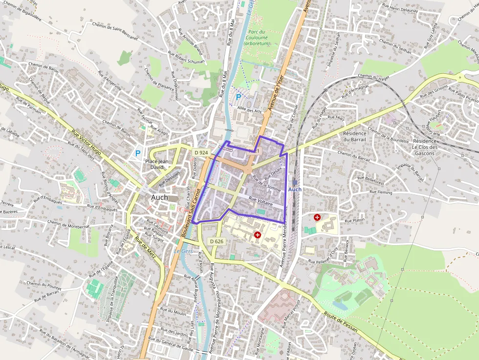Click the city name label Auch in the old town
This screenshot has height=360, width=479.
pos(159,197)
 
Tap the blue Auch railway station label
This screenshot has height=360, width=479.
pos(295,189)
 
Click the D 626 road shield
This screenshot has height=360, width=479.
pos(216,241)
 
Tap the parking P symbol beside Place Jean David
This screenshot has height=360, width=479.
pos(138,153)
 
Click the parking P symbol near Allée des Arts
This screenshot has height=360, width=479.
pos(239,97)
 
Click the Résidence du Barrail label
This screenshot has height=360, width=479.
pos(355,136)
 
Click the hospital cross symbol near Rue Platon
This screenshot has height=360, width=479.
pos(317,216)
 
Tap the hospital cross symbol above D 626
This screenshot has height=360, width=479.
pos(258,235)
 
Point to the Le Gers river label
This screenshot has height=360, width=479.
pos(184,251)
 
